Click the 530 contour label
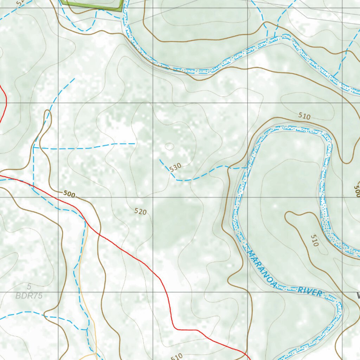[175, 167]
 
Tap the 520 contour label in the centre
[140, 211]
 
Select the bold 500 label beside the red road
[70, 194]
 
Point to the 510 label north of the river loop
[304, 116]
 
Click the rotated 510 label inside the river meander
[314, 240]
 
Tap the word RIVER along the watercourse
[310, 291]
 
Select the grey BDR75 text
[29, 296]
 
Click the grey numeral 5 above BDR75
[29, 287]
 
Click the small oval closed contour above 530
[169, 146]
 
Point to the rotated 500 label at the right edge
[356, 191]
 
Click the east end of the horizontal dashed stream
[135, 143]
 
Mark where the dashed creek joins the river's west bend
[246, 168]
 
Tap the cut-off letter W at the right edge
[358, 296]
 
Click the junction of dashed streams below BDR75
[87, 329]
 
